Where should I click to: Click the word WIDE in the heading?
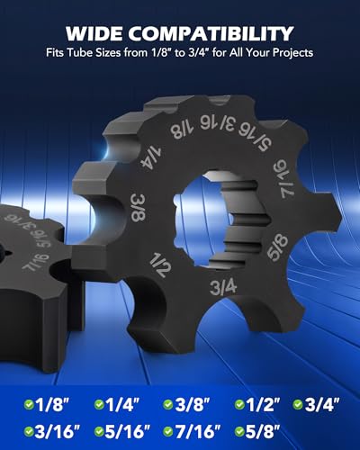pos(94,33)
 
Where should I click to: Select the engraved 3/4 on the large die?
pos(223,287)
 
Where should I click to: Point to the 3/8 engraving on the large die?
pos(139,208)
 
